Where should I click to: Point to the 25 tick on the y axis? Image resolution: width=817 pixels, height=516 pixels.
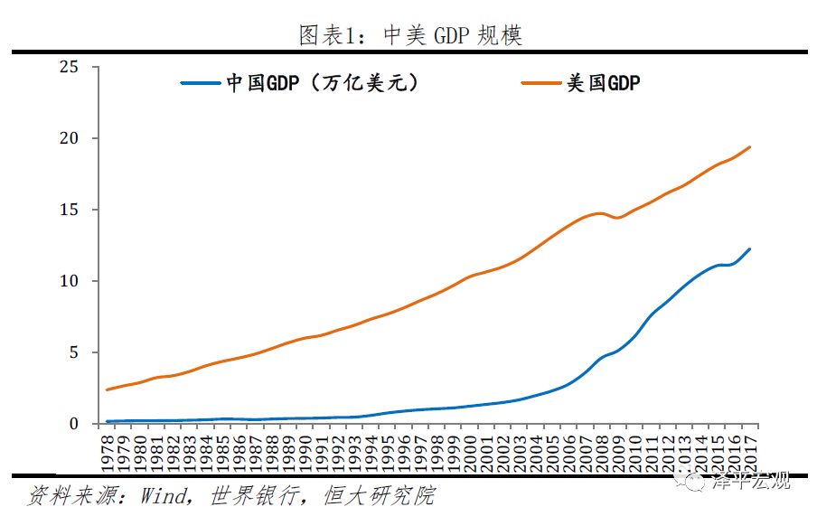tap(69, 68)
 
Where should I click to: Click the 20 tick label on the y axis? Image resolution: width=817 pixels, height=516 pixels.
tap(69, 139)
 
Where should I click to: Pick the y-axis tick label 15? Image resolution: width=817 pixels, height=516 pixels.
tap(69, 211)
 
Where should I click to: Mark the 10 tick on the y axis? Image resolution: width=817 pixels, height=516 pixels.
tap(69, 281)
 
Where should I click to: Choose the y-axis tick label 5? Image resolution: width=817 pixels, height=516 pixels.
tap(74, 352)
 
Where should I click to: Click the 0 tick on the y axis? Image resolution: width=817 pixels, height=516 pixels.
tap(74, 424)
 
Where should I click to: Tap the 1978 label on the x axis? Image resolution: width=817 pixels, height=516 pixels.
tap(108, 450)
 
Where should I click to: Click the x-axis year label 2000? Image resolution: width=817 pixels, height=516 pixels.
tap(470, 450)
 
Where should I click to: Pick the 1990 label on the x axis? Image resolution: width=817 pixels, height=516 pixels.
tap(305, 450)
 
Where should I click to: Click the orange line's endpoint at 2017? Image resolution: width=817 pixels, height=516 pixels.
tap(749, 147)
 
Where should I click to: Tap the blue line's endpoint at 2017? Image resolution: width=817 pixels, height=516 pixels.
tap(749, 249)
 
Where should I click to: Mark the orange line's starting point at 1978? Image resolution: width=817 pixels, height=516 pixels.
tap(108, 389)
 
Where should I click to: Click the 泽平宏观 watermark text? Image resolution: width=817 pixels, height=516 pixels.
tap(752, 482)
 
